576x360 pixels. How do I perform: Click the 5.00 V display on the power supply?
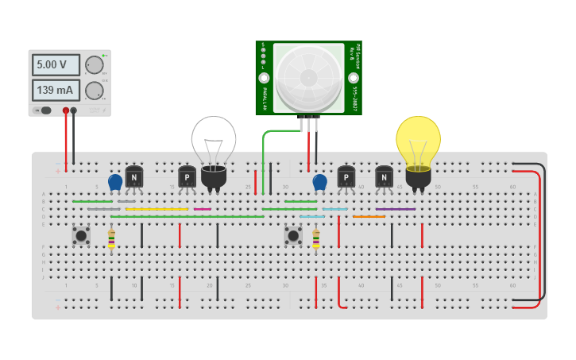tap(56, 65)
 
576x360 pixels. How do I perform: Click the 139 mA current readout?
tap(56, 90)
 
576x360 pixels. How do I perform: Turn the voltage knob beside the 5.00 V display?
tap(94, 65)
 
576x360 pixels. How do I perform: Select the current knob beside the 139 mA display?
tap(94, 90)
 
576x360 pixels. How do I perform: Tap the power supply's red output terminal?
tap(66, 110)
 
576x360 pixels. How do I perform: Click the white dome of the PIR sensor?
tap(308, 77)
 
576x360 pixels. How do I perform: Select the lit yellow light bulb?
tap(418, 143)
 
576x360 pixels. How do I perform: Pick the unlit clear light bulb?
tap(213, 143)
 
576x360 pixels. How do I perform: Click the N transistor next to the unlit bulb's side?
tap(133, 177)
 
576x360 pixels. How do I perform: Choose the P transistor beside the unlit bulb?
tap(187, 177)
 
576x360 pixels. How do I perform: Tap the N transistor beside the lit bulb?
tap(384, 177)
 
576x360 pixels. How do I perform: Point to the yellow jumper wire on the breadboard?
tap(157, 209)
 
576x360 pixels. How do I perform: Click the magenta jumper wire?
tap(203, 209)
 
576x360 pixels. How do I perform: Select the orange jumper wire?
tap(369, 216)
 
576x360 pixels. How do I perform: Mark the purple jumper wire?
tap(396, 209)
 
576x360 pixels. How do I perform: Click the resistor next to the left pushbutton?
tap(111, 238)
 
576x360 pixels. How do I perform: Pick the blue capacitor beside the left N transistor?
tap(115, 183)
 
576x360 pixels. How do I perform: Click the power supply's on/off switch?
tap(44, 110)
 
